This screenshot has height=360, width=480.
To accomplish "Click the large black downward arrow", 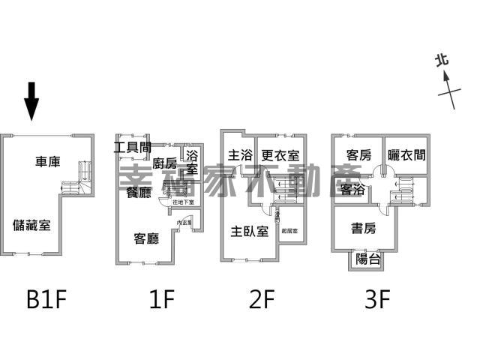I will pos(31,101).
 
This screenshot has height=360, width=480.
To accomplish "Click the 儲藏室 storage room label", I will pos(32,224).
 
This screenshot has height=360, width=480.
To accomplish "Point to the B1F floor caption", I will pos(46,300).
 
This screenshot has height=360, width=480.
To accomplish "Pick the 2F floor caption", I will pos(263,300).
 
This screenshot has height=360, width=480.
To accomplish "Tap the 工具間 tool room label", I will pos(133,147).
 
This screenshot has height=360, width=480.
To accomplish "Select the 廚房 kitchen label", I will pos(164,163).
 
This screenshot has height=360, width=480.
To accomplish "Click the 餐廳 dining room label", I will pos(139,191).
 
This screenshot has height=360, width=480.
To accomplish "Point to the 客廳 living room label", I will pos(146,239).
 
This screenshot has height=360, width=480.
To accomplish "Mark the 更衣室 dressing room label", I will pos(280,156).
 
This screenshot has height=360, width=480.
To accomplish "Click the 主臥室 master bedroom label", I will pos(250,231).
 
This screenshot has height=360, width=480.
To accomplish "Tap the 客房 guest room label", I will pos(358,155).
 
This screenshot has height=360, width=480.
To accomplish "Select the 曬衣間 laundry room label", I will pos(406,155).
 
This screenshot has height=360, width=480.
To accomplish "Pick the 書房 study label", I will pos(367,227).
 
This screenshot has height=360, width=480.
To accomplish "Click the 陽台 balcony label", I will pos(367,259).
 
